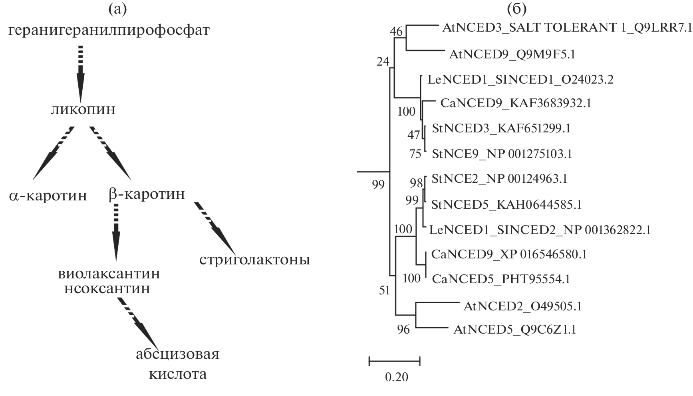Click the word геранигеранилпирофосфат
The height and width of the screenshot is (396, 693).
click(109, 30)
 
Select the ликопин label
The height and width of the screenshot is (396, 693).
click(83, 109)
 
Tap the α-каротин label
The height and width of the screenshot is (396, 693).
click(48, 196)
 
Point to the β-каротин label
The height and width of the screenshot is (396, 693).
click(147, 194)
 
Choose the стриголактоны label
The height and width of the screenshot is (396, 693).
click(254, 260)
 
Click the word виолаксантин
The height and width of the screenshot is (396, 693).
click(109, 274)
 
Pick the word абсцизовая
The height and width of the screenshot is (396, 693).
click(177, 354)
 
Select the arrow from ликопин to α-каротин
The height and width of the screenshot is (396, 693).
click(53, 154)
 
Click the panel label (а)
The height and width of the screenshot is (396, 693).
click(117, 9)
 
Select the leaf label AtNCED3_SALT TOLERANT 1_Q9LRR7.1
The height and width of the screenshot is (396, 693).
click(566, 28)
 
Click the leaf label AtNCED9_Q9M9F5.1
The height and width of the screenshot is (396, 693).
click(512, 54)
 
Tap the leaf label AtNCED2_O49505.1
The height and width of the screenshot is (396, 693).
click(522, 307)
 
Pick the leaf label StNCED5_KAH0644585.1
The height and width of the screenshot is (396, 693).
click(506, 205)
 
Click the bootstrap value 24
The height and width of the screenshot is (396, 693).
click(383, 61)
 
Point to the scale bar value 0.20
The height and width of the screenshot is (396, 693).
click(397, 377)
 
